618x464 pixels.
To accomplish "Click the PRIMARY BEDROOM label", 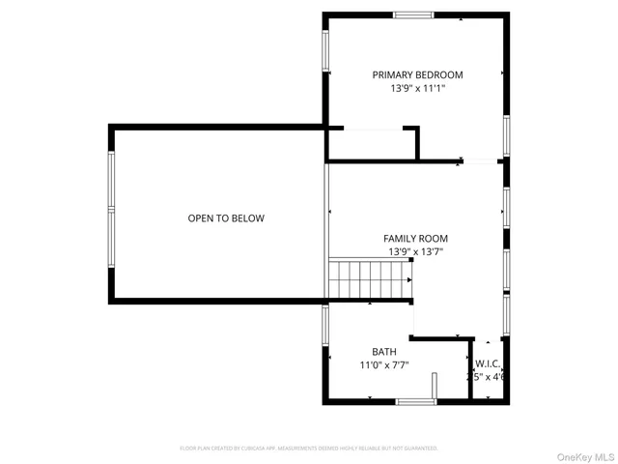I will click(417, 74).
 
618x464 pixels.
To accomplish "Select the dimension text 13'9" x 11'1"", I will click(417, 88).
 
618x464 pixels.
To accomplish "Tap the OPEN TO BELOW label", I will click(225, 218).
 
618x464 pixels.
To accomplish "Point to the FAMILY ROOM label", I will click(415, 239).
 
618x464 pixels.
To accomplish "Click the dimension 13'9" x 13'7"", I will click(415, 251).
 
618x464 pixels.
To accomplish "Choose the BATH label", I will click(383, 351).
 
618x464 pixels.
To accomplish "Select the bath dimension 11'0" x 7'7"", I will click(383, 364).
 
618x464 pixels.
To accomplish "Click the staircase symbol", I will click(371, 279).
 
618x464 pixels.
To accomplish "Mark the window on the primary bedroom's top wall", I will click(412, 14).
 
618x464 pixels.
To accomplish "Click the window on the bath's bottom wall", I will click(416, 401).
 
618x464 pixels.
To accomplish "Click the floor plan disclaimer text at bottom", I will click(309, 449).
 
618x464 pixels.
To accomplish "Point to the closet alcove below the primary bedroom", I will click(371, 144).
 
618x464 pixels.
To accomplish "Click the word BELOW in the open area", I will click(247, 218).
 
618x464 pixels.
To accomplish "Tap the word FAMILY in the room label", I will click(400, 239).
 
